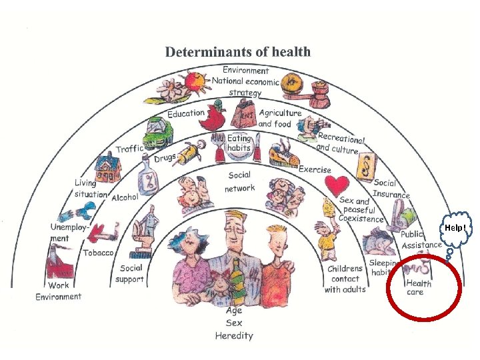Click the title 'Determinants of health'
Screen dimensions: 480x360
[x=237, y=51]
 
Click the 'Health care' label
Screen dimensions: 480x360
[x=419, y=287]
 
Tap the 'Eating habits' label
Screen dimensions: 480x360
[x=239, y=143]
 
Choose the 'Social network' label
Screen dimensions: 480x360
[x=239, y=182]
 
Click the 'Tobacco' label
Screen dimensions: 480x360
[x=98, y=253]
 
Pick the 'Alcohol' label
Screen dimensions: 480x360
[x=125, y=197]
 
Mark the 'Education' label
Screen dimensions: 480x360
[x=186, y=113]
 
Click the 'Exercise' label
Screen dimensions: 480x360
[x=315, y=169]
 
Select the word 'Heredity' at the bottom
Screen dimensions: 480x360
[x=234, y=335]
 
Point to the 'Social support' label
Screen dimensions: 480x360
[x=129, y=273]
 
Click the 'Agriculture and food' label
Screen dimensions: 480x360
[x=279, y=118]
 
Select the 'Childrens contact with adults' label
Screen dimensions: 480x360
[x=345, y=279]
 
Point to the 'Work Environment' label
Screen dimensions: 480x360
[x=59, y=291]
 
